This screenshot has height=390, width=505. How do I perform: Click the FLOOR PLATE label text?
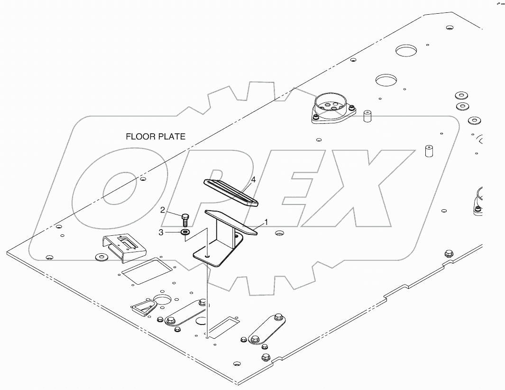156,137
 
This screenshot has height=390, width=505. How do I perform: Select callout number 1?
266,222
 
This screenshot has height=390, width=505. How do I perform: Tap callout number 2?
162,210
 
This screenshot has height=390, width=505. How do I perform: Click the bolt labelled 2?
184,220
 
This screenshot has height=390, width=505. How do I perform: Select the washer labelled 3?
185,232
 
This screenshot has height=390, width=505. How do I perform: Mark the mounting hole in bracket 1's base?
207,255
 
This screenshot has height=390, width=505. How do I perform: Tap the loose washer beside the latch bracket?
101,257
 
